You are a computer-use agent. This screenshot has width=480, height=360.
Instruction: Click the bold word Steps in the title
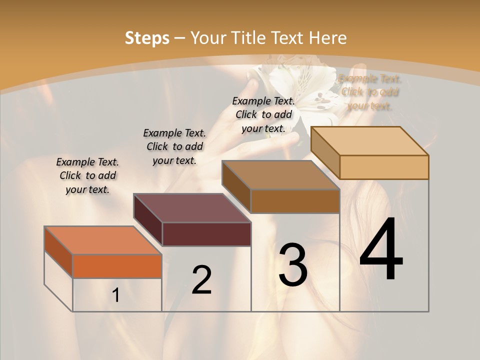click(x=146, y=38)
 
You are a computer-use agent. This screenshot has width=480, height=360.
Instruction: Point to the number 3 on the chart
click(x=293, y=264)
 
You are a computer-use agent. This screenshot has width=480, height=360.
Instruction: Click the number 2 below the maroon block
click(x=201, y=279)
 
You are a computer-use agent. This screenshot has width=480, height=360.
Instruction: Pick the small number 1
click(x=116, y=295)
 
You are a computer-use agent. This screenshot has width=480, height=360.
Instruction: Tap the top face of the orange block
click(x=103, y=240)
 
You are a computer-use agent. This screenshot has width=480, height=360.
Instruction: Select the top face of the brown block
click(x=281, y=175)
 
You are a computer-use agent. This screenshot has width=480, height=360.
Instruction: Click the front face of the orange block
click(x=117, y=266)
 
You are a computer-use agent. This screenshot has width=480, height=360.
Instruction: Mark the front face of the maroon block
click(x=206, y=234)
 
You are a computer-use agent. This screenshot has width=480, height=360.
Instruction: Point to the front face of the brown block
click(x=295, y=201)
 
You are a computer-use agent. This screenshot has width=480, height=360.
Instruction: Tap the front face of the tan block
click(x=384, y=167)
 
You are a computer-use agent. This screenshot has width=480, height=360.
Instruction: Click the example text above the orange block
click(x=87, y=175)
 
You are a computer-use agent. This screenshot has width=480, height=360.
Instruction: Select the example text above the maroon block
click(x=174, y=146)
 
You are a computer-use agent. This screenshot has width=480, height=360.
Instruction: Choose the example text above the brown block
click(x=263, y=114)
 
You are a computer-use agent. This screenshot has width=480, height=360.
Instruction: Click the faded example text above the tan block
click(x=370, y=92)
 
